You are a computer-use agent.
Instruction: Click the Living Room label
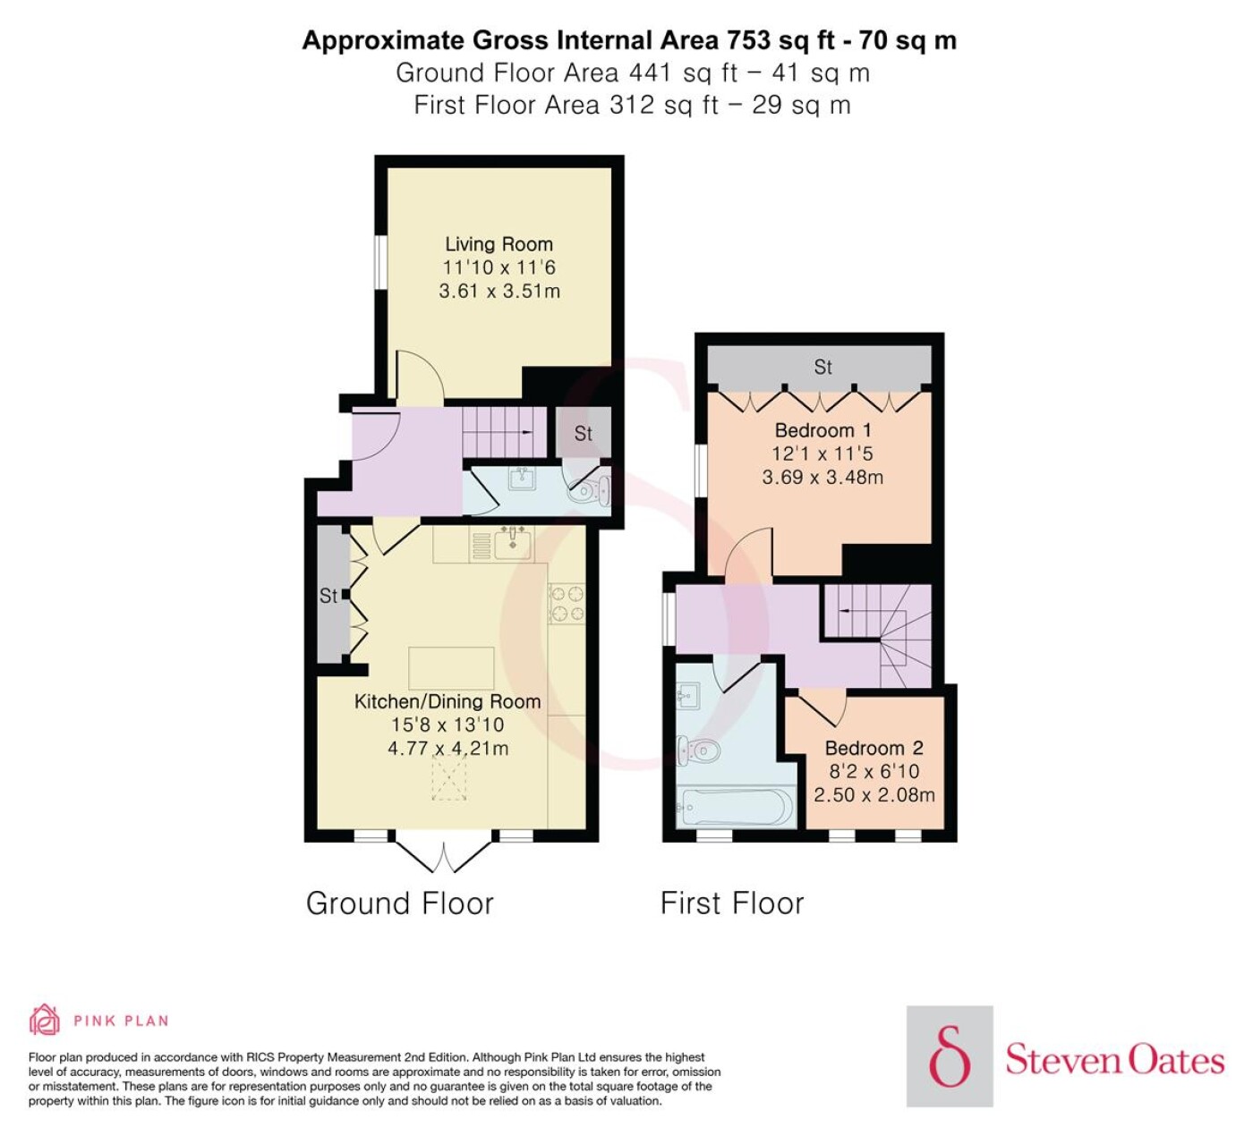pyautogui.click(x=499, y=244)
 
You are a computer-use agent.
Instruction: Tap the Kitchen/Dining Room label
pyautogui.click(x=447, y=701)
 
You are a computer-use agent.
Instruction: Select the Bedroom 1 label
pyautogui.click(x=823, y=430)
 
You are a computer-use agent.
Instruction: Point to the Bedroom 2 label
pyautogui.click(x=874, y=748)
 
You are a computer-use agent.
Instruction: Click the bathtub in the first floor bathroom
pyautogui.click(x=736, y=808)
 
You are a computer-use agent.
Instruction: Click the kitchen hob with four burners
pyautogui.click(x=567, y=603)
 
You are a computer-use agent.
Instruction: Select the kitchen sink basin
pyautogui.click(x=513, y=544)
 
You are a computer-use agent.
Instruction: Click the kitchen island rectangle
pyautogui.click(x=451, y=668)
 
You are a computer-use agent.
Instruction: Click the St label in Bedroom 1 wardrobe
pyautogui.click(x=823, y=367)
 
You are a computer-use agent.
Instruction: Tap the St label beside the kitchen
pyautogui.click(x=328, y=596)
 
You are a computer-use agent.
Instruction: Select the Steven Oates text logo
pyautogui.click(x=1114, y=1060)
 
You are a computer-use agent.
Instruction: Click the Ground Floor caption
pyautogui.click(x=400, y=903)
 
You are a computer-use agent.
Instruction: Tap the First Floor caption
pyautogui.click(x=732, y=903)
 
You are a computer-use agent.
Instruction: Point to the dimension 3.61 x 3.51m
pyautogui.click(x=499, y=291)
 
